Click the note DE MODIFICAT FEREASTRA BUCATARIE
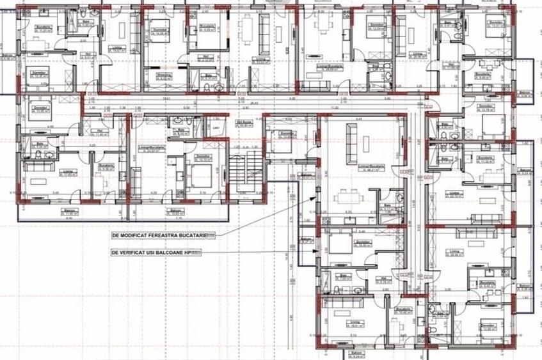point(164,235)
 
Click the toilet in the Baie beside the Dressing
point(218,86)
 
